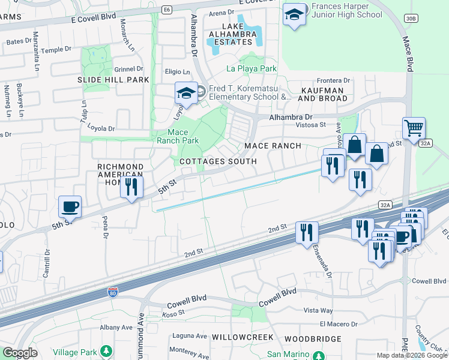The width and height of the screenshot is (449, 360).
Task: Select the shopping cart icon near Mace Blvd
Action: click(414, 128)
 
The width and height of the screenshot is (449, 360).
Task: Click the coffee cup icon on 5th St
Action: click(70, 207)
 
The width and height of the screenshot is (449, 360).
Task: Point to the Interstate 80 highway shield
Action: click(112, 292)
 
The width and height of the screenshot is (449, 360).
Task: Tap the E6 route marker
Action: click(167, 10)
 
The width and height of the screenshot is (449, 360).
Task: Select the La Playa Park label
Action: click(251, 68)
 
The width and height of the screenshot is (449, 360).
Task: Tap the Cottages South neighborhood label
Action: click(217, 161)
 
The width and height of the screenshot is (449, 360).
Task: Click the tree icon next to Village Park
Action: click(106, 350)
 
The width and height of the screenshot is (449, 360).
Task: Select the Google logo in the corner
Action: click(20, 353)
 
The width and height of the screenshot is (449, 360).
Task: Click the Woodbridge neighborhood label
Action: click(312, 338)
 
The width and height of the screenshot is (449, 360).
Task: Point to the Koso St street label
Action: click(173, 313)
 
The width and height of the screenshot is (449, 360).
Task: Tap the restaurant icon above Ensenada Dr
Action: click(306, 232)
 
